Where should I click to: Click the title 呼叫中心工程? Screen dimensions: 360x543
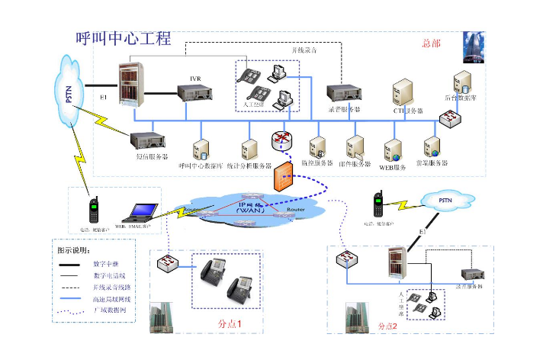123,39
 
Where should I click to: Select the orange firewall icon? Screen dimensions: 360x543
283,176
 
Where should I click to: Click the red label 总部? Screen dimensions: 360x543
431,43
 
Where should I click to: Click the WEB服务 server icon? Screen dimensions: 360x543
394,147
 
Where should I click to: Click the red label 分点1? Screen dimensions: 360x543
230,323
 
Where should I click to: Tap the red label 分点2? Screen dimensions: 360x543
388,325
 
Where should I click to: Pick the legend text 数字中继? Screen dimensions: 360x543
107,264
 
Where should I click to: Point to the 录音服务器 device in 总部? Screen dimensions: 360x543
342,94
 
